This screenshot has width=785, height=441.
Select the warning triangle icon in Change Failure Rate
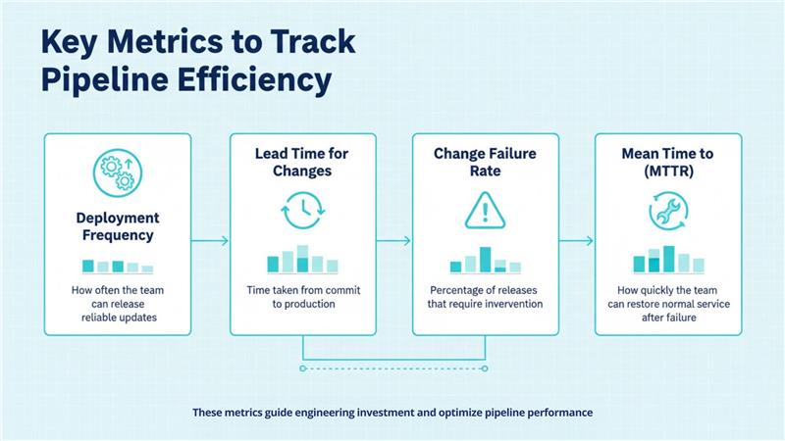pos(485,210)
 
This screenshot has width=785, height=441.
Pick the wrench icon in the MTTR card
pos(668,210)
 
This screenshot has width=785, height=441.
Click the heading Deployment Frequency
pos(118,227)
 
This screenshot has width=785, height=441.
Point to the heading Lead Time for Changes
pos(302,163)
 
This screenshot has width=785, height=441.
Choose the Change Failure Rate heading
pos(485,163)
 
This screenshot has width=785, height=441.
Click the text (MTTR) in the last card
pos(668,171)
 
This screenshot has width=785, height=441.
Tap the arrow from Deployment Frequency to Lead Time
pos(210,240)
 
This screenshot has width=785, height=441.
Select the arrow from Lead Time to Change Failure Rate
pos(393,240)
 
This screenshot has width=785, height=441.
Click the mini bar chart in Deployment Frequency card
pos(118,266)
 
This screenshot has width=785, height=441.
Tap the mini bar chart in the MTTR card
pos(668,260)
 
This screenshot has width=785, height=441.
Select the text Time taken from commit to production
pos(302,297)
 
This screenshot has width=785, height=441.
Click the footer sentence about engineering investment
pos(392,413)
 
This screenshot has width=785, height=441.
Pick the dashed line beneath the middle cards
pos(393,368)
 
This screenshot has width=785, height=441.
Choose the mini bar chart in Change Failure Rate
pos(485,261)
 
